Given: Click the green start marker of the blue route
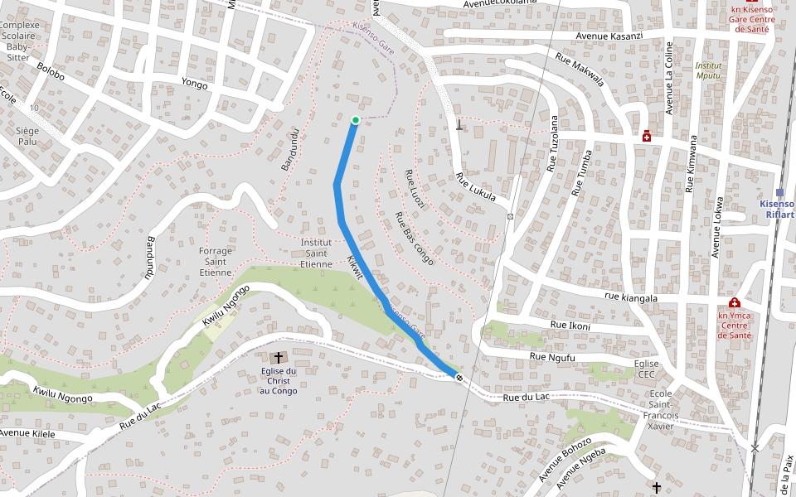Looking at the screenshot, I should (x=356, y=120).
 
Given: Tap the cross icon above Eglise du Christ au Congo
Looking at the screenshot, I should (x=279, y=357).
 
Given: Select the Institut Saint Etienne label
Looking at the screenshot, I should (x=316, y=253).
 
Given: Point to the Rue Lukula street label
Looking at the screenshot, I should (x=476, y=187).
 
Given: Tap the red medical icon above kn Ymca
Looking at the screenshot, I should (x=734, y=303).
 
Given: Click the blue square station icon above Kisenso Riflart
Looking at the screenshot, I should (x=779, y=192).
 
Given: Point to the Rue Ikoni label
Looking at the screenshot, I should (x=569, y=326).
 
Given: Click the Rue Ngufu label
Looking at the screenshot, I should (x=551, y=357).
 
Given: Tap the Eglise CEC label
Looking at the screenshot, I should (x=646, y=369).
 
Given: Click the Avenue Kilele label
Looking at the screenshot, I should (x=27, y=433).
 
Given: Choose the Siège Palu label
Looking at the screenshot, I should (x=27, y=136).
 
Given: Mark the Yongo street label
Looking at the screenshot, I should (x=194, y=83).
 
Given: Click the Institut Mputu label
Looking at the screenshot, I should (x=707, y=70).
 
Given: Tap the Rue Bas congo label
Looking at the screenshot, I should (x=414, y=238).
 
